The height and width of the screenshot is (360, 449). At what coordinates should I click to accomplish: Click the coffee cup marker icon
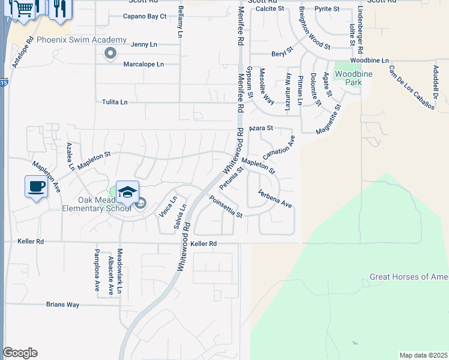[36, 186]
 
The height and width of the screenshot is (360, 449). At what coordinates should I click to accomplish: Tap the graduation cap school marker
[127, 191]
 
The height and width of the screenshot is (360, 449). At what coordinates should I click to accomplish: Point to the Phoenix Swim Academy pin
[110, 54]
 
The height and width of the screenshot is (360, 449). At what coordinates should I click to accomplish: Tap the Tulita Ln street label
[115, 102]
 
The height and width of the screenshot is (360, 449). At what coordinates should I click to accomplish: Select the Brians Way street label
[63, 305]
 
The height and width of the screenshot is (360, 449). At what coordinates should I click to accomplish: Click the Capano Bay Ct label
[145, 16]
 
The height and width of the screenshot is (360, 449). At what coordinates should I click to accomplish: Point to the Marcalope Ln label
[143, 64]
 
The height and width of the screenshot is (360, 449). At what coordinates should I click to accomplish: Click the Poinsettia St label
[226, 206]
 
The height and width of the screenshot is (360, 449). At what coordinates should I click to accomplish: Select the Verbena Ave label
[275, 199]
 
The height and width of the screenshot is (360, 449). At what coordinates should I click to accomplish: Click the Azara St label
[261, 128]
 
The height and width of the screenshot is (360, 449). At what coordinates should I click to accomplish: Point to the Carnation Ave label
[279, 147]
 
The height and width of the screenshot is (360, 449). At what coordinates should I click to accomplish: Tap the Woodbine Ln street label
[370, 61]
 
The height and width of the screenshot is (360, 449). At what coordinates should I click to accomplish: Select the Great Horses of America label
[409, 277]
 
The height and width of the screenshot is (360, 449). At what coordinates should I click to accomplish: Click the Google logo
[20, 353]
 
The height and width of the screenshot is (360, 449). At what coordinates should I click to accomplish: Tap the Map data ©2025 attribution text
[423, 355]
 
